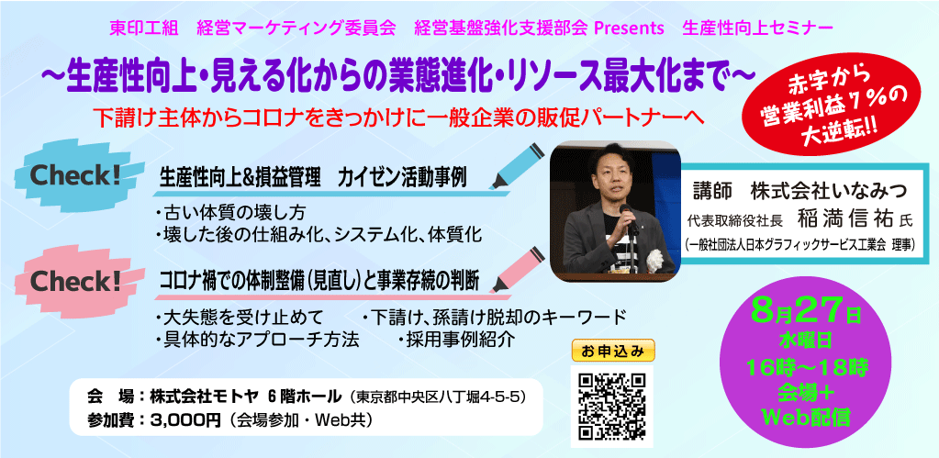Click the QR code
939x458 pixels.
point(611,406)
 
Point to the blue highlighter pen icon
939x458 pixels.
point(516,166)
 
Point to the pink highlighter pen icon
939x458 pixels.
point(516,270)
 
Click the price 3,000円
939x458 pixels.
point(178,420)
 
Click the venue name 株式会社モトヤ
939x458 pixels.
point(204,397)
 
